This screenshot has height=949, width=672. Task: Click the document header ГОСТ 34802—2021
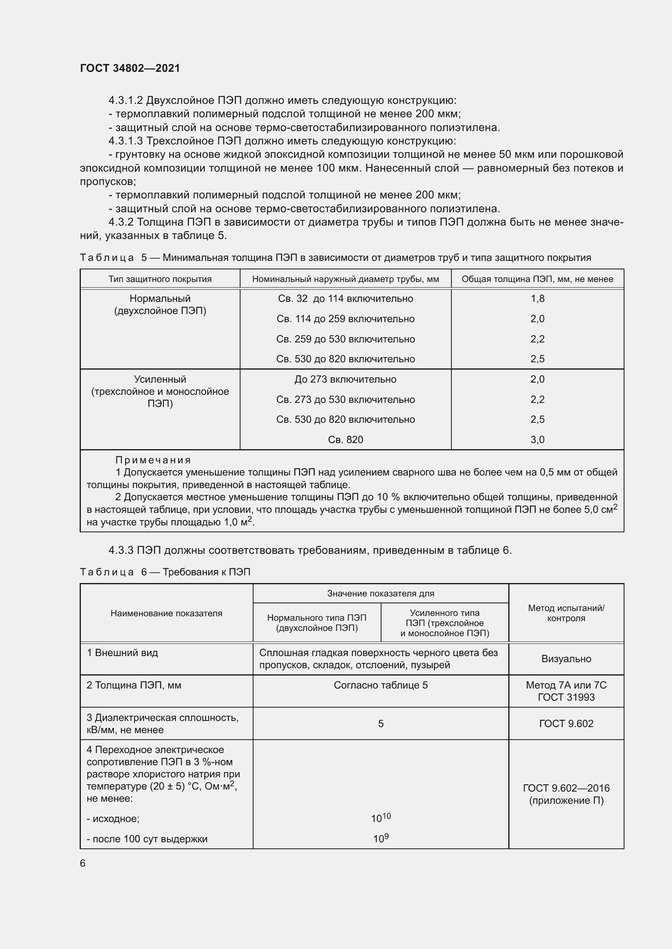click(130, 68)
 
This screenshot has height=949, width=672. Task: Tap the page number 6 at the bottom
click(83, 863)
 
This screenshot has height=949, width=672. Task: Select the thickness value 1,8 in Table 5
click(537, 299)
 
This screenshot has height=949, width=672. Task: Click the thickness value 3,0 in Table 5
click(537, 439)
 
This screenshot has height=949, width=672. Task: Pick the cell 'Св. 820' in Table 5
click(345, 439)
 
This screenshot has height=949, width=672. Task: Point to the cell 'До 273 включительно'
click(345, 379)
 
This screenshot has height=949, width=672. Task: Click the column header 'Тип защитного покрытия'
click(160, 279)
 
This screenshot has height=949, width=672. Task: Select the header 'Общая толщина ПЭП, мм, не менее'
click(537, 279)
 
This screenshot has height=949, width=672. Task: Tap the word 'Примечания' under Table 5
click(153, 460)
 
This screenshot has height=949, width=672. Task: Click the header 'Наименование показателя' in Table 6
click(166, 613)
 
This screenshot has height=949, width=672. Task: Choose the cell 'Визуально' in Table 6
click(566, 659)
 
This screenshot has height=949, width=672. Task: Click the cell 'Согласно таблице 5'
click(380, 685)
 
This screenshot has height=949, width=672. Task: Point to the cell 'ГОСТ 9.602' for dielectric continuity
click(566, 723)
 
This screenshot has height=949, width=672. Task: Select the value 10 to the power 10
click(380, 818)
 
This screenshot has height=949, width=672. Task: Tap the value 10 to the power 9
click(380, 839)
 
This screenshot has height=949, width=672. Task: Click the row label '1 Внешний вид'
click(122, 653)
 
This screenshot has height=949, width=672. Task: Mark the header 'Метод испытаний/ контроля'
click(566, 613)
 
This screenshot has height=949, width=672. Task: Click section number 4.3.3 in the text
click(121, 550)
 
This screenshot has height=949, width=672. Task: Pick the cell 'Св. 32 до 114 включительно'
click(345, 299)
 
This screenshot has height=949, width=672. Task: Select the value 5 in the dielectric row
click(380, 723)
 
